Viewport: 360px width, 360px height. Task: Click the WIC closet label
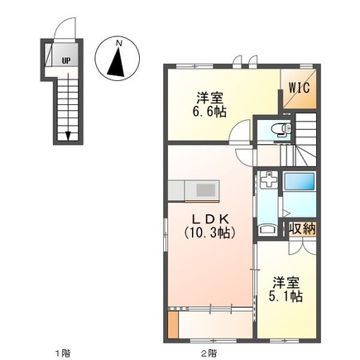[298, 84]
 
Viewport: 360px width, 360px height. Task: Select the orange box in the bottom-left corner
[172, 324]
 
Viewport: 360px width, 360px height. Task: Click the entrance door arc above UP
[59, 31]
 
